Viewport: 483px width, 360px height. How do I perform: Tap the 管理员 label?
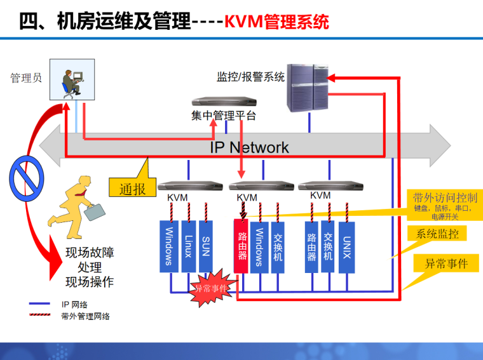[x=26, y=78]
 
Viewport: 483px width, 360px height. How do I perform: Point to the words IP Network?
[x=249, y=148]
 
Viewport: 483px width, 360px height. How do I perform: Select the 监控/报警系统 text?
[x=250, y=77]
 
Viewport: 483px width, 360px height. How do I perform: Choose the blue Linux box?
[x=188, y=246]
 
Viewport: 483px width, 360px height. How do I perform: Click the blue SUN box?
[x=205, y=246]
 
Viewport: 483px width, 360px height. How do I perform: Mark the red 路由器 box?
[x=241, y=246]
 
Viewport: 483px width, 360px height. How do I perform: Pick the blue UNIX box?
[x=346, y=246]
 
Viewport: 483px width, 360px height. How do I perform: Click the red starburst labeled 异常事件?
[x=210, y=288]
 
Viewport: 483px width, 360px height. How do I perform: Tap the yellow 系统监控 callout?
[x=437, y=234]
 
